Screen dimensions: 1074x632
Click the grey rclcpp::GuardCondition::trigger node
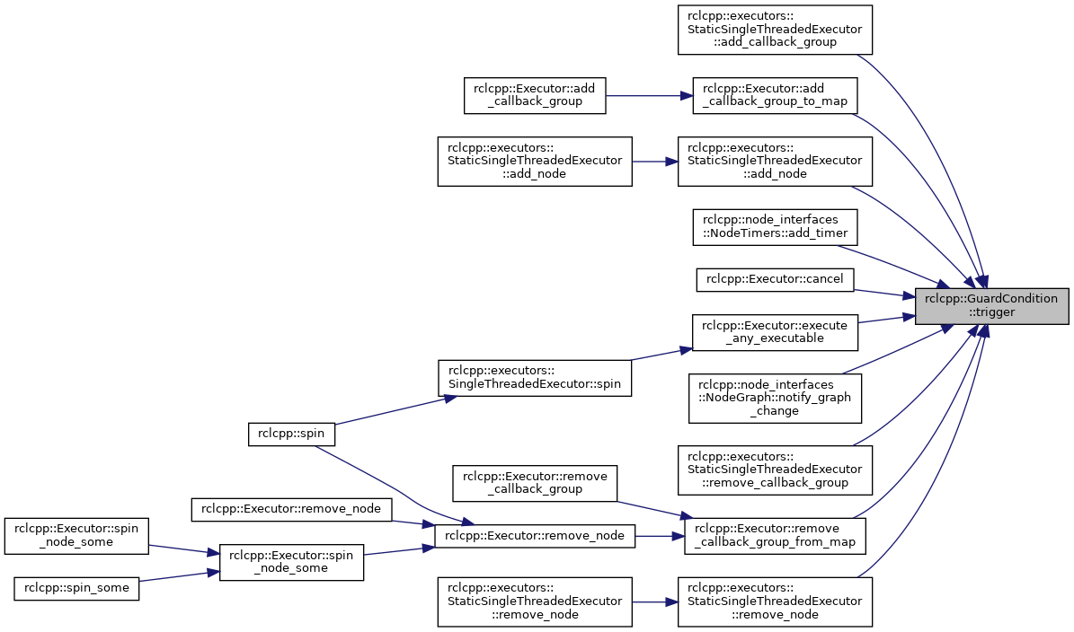(x=992, y=306)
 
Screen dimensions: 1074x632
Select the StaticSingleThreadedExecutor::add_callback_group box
(x=775, y=31)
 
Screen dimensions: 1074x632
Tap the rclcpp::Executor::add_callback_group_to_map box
(x=775, y=96)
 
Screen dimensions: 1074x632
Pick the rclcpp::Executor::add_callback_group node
(x=535, y=96)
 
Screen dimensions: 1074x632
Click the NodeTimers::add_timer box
(x=775, y=227)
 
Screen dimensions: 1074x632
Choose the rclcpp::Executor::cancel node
(x=775, y=280)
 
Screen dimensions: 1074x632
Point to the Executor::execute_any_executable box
(x=775, y=332)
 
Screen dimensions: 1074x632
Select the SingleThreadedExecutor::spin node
(x=535, y=378)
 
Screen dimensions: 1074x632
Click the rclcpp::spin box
(x=291, y=434)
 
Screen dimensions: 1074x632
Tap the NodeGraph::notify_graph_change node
(x=775, y=398)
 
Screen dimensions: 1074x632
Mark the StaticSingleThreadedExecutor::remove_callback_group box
(x=775, y=470)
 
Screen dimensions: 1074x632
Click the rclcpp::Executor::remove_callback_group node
(x=535, y=483)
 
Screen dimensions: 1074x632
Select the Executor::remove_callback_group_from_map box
(x=775, y=536)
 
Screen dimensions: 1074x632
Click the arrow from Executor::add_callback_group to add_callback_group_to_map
(x=649, y=96)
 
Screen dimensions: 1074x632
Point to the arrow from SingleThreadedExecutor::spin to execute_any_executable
(x=661, y=355)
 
